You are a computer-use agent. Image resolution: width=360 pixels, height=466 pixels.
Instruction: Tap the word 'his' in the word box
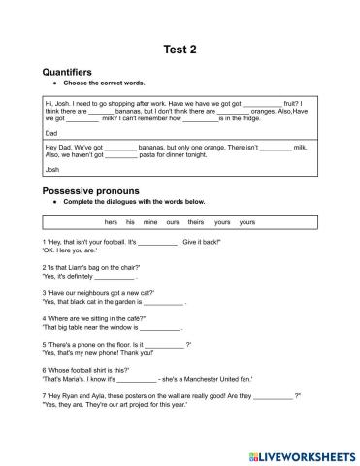(130, 222)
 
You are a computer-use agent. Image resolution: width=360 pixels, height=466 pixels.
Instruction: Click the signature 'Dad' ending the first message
(52, 132)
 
